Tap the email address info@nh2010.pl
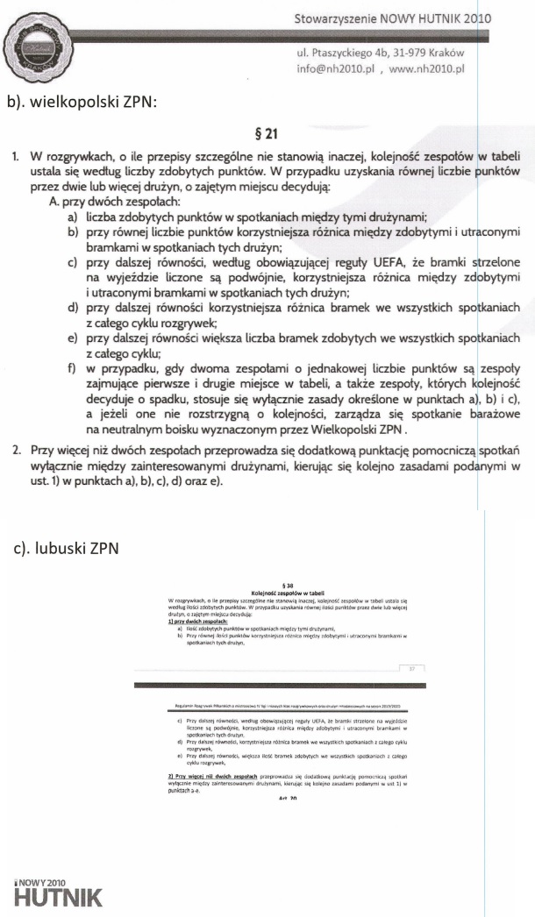pyautogui.click(x=335, y=67)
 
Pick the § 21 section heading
pyautogui.click(x=265, y=133)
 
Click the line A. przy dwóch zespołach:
pyautogui.click(x=111, y=200)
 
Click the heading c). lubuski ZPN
pyautogui.click(x=68, y=549)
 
